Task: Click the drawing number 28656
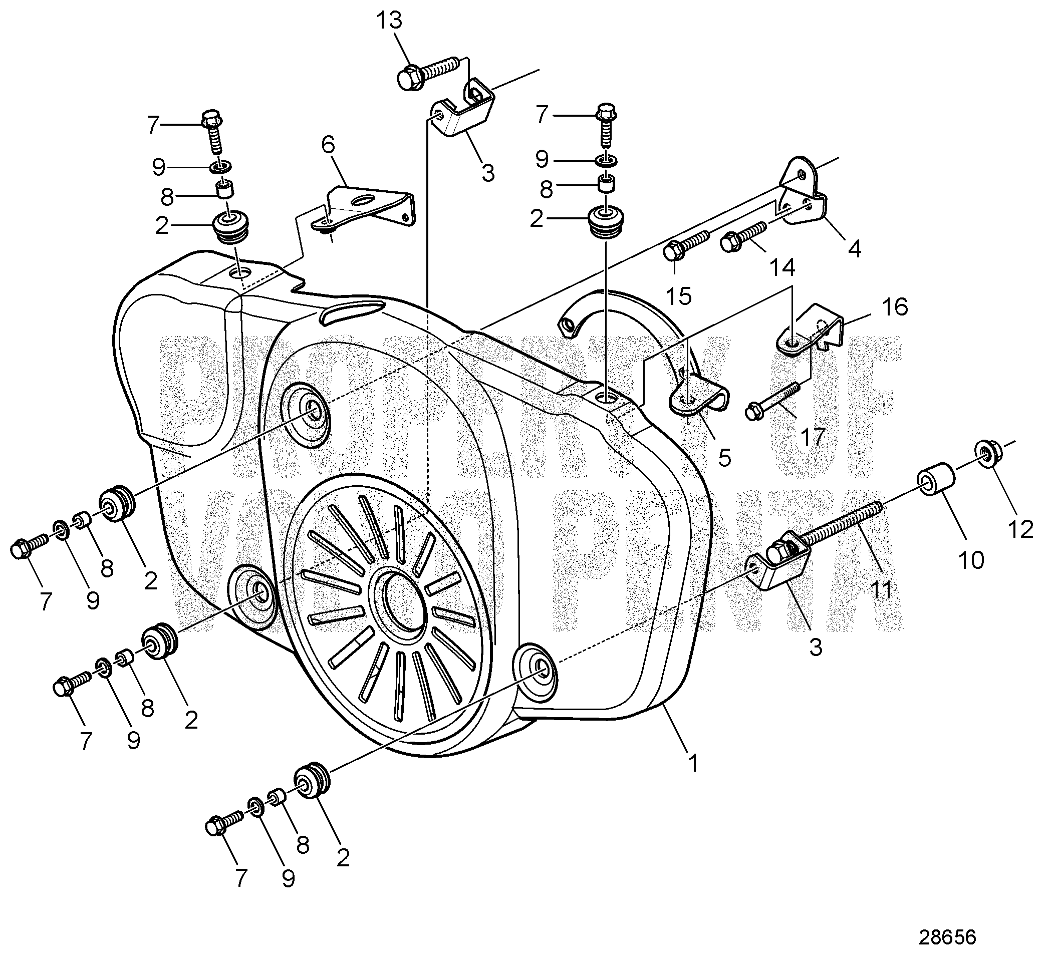click(947, 937)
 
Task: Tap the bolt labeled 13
click(427, 74)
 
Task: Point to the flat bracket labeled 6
click(367, 207)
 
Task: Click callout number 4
click(855, 248)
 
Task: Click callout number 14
click(782, 267)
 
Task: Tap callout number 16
click(895, 307)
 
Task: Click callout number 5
click(724, 457)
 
